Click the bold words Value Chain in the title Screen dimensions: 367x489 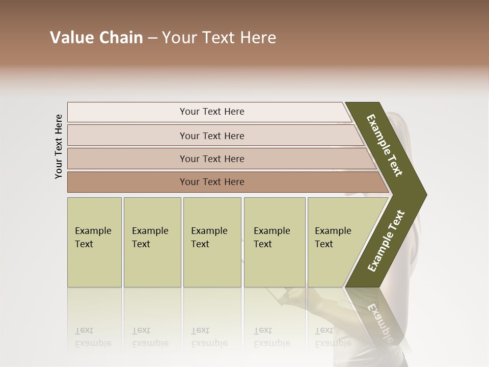coord(96,38)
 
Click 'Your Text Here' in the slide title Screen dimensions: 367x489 coord(219,38)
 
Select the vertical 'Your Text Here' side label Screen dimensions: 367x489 coord(59,146)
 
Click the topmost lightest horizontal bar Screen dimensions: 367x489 coord(127,112)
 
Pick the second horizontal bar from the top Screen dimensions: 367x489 coord(127,136)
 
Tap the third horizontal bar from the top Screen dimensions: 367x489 coord(127,159)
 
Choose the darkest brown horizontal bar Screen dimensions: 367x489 coord(127,182)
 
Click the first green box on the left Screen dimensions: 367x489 coord(94,265)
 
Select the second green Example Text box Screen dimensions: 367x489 coord(152,265)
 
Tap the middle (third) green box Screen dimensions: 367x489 coord(212,265)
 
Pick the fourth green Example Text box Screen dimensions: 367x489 coord(275,265)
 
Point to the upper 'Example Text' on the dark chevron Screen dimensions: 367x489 coord(385,145)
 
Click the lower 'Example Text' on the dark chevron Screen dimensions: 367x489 coord(386,241)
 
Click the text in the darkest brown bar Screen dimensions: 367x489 coord(212,182)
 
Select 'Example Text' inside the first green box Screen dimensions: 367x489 coord(93,238)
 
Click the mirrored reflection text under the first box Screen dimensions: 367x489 coord(93,337)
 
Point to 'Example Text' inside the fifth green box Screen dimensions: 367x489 coord(333,238)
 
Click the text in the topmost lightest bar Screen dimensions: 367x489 coord(212,112)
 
